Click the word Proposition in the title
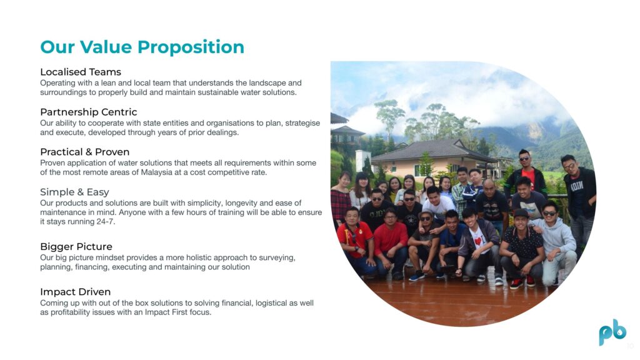coord(191,47)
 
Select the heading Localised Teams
coord(81,72)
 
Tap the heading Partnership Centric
coord(89,112)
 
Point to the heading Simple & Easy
coord(75,192)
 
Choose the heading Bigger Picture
coord(76,246)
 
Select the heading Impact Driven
coord(75,292)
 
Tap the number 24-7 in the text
coord(107,222)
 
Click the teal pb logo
coord(612,332)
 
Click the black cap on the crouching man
coord(521,212)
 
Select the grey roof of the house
coord(432,150)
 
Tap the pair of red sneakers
coord(522,282)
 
